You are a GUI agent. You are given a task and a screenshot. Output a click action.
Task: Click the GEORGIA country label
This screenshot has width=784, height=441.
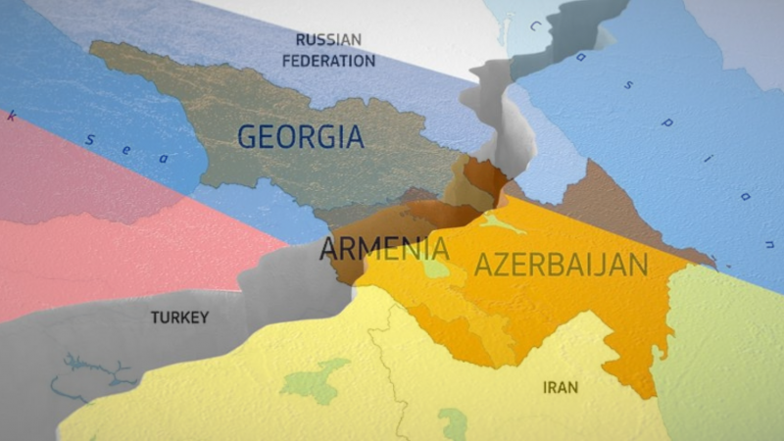click(x=300, y=136)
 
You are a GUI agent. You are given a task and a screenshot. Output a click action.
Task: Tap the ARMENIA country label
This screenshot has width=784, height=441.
click(x=384, y=249)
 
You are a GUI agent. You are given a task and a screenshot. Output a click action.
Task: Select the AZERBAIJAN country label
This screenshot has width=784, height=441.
click(x=561, y=264)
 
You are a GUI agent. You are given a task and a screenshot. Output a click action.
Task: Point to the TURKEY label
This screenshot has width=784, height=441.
click(x=180, y=318)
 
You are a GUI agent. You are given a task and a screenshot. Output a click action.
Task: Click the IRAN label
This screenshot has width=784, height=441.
click(x=560, y=387)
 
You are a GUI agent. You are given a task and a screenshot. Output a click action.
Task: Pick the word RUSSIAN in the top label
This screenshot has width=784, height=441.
click(x=328, y=40)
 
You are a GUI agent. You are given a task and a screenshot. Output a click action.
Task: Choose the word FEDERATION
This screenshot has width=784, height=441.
click(x=328, y=61)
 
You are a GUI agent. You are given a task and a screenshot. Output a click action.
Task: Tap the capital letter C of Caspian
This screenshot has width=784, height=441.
click(x=535, y=26)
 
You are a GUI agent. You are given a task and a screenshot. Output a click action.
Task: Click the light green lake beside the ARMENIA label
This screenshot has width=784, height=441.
click(x=435, y=267)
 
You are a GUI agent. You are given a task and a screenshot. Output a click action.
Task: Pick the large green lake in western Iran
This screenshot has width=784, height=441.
click(x=316, y=379)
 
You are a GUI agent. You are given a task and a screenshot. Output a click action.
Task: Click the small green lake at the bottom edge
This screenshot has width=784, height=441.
click(x=453, y=424)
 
